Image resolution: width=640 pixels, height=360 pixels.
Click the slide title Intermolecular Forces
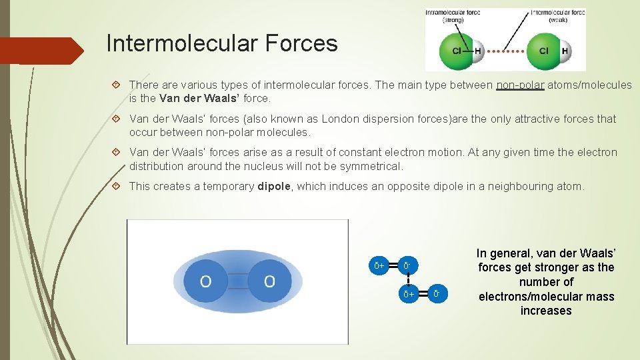(x=221, y=44)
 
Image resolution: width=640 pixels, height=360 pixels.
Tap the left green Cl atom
(x=457, y=51)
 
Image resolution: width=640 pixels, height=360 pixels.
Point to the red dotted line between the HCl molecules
(x=505, y=51)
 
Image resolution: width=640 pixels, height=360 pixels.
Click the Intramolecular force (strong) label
(x=454, y=15)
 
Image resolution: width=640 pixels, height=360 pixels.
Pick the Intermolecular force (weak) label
(x=557, y=15)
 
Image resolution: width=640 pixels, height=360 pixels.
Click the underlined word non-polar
(x=521, y=85)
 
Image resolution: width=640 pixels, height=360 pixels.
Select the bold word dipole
(x=274, y=187)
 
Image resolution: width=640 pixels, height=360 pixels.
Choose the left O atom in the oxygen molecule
(x=205, y=281)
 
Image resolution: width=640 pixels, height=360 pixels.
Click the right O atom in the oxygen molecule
(x=269, y=281)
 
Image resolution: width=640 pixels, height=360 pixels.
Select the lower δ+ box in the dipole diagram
(x=408, y=293)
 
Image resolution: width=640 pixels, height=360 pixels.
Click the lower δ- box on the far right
(x=436, y=293)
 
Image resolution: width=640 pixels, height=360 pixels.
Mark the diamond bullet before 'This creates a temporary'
(x=117, y=187)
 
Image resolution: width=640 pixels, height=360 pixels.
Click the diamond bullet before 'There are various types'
(x=117, y=85)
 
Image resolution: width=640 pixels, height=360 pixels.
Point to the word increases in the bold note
(x=546, y=311)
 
